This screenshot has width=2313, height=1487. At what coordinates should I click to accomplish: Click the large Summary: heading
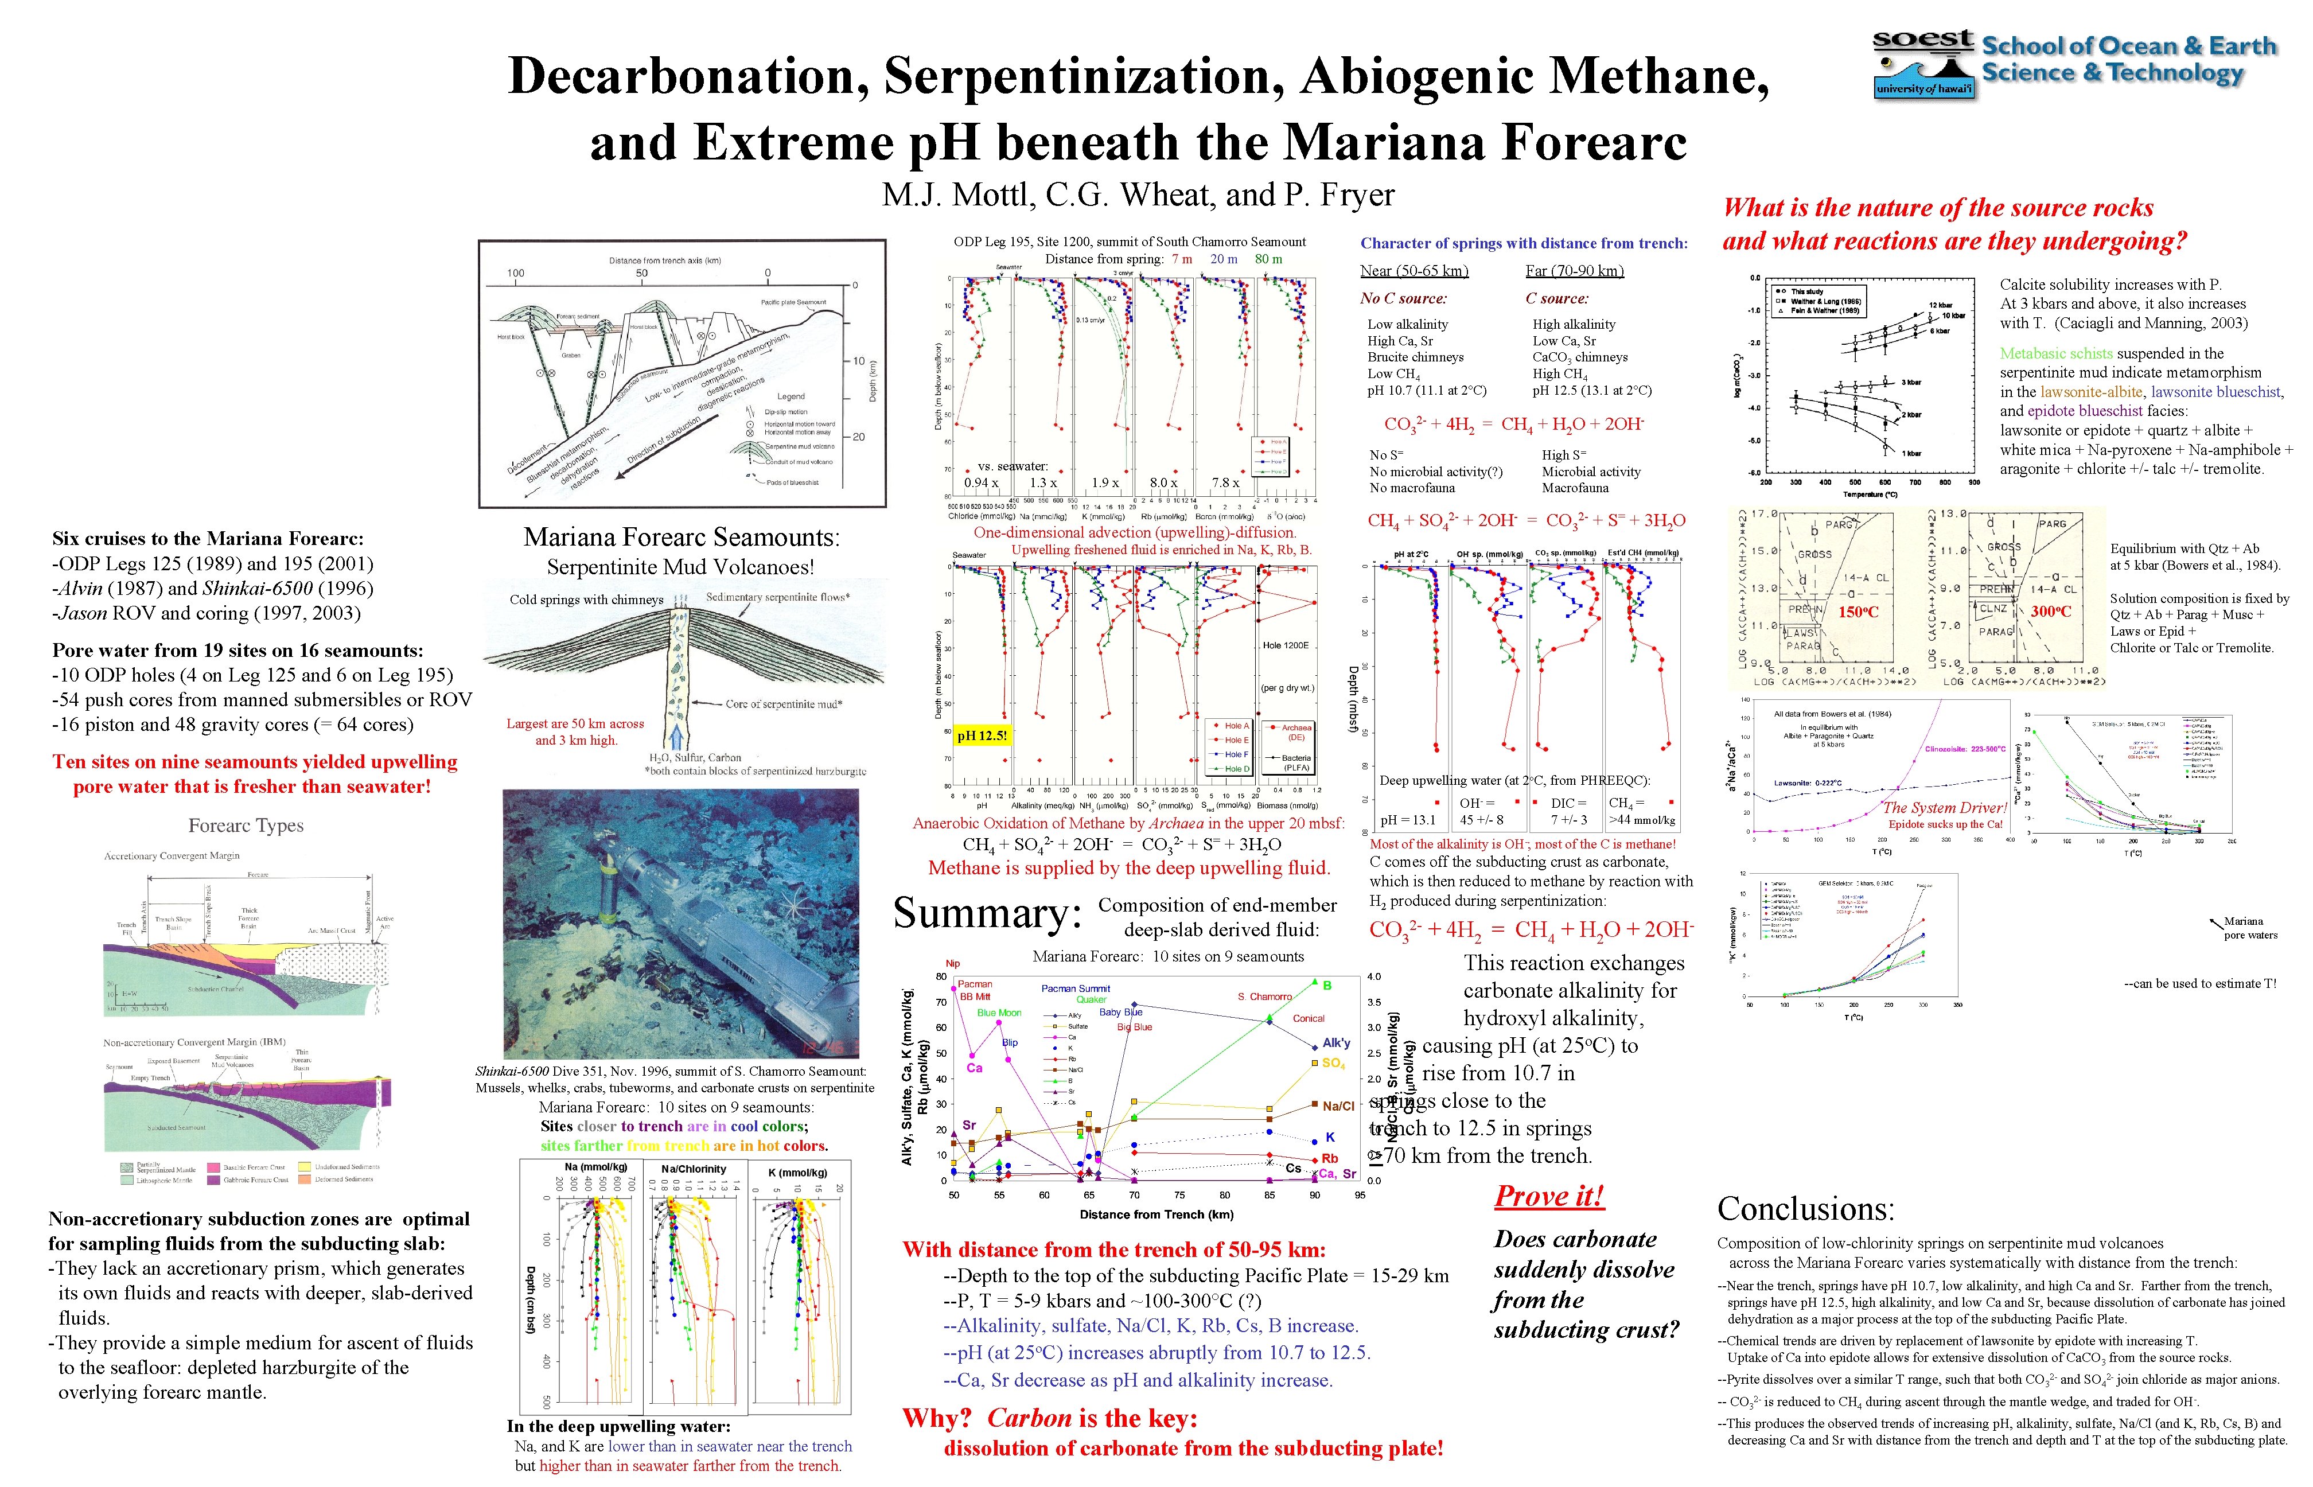[987, 913]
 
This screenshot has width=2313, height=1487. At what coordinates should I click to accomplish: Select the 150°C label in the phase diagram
[1858, 611]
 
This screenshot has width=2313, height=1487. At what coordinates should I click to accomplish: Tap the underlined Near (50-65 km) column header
[1413, 271]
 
